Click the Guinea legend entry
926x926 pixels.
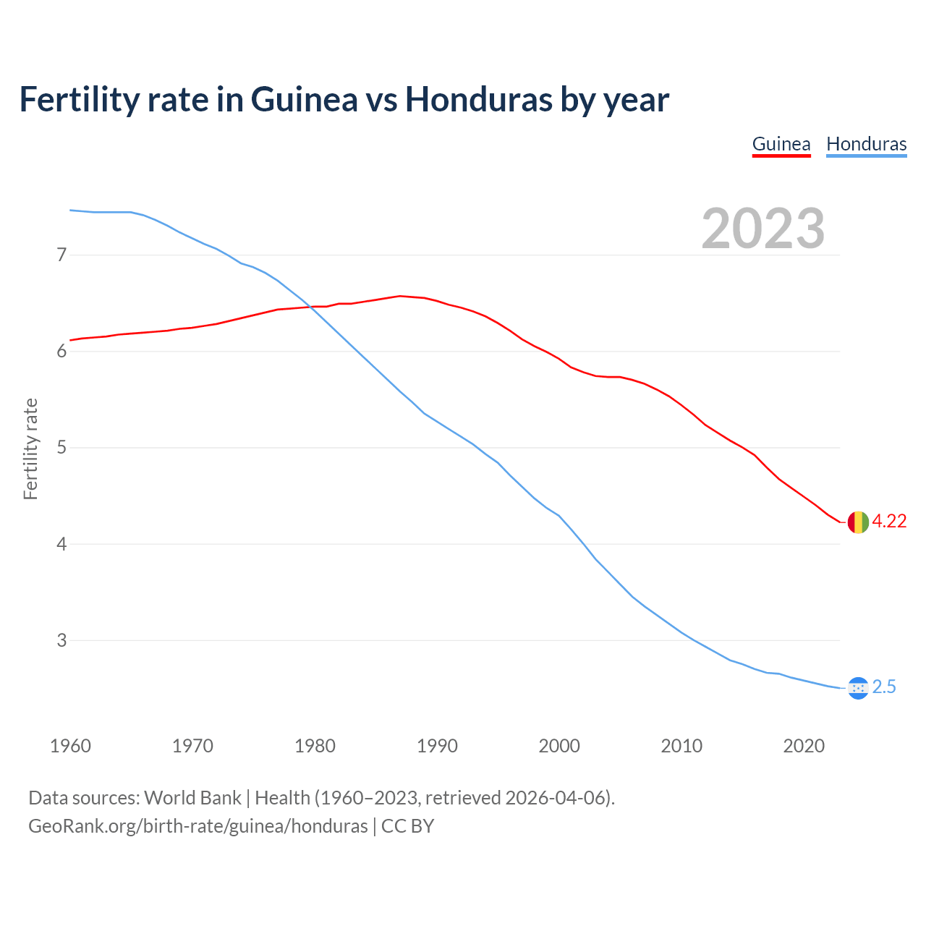[x=781, y=144]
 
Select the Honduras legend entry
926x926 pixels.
[x=866, y=144]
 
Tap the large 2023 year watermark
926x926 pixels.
[x=763, y=229]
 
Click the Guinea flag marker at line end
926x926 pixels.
[x=857, y=522]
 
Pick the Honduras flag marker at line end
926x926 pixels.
[x=857, y=688]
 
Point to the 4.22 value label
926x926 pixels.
[x=889, y=522]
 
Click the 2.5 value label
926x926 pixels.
[x=884, y=687]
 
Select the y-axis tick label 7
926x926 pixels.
[x=61, y=255]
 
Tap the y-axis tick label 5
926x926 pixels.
[x=61, y=448]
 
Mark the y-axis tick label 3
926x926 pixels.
[x=61, y=640]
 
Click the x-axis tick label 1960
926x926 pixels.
[x=70, y=746]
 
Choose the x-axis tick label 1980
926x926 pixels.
[x=315, y=746]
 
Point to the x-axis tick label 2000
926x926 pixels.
[x=559, y=746]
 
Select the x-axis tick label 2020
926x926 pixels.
[x=804, y=746]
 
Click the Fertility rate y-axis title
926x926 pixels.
[x=30, y=449]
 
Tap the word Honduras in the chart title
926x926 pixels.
[x=478, y=99]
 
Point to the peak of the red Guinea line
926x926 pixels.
[x=400, y=296]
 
